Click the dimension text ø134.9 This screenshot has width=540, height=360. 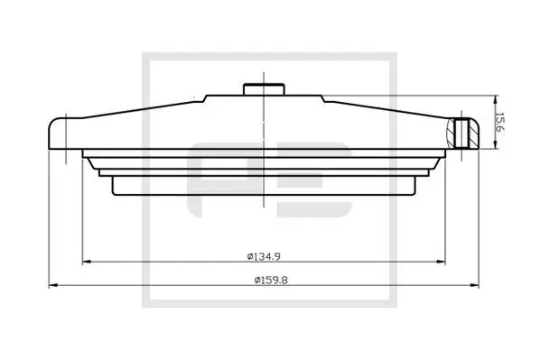[x=263, y=255]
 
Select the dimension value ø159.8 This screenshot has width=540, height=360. [x=263, y=279]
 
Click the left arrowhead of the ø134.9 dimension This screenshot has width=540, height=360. [x=85, y=263]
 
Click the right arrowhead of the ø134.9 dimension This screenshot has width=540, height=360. [x=441, y=263]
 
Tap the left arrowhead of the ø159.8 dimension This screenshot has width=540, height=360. [x=51, y=286]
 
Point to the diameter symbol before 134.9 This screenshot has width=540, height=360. [x=248, y=255]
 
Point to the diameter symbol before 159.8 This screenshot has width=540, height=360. [x=248, y=279]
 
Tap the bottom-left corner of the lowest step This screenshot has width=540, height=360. [x=113, y=195]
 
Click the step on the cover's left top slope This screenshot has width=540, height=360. [x=207, y=97]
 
